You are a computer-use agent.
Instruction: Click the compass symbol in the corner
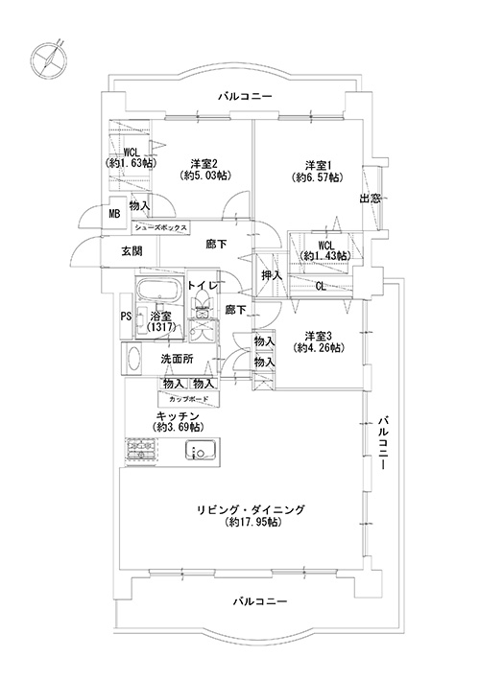[49, 59]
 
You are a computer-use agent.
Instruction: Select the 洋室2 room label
[204, 164]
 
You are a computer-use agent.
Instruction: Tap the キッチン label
[178, 414]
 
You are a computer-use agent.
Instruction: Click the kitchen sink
[201, 450]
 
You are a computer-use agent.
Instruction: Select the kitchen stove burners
[141, 451]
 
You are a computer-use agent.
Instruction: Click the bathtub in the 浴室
[157, 290]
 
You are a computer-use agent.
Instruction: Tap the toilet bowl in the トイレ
[203, 300]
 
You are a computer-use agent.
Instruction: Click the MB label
[114, 214]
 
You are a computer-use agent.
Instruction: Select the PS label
[126, 317]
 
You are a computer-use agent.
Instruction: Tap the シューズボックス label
[161, 227]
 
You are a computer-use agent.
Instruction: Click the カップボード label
[189, 399]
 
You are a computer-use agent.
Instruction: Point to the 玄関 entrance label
[132, 251]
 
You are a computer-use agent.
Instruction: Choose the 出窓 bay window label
[370, 199]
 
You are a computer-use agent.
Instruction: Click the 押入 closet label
[272, 275]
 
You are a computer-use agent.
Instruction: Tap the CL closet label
[321, 287]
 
